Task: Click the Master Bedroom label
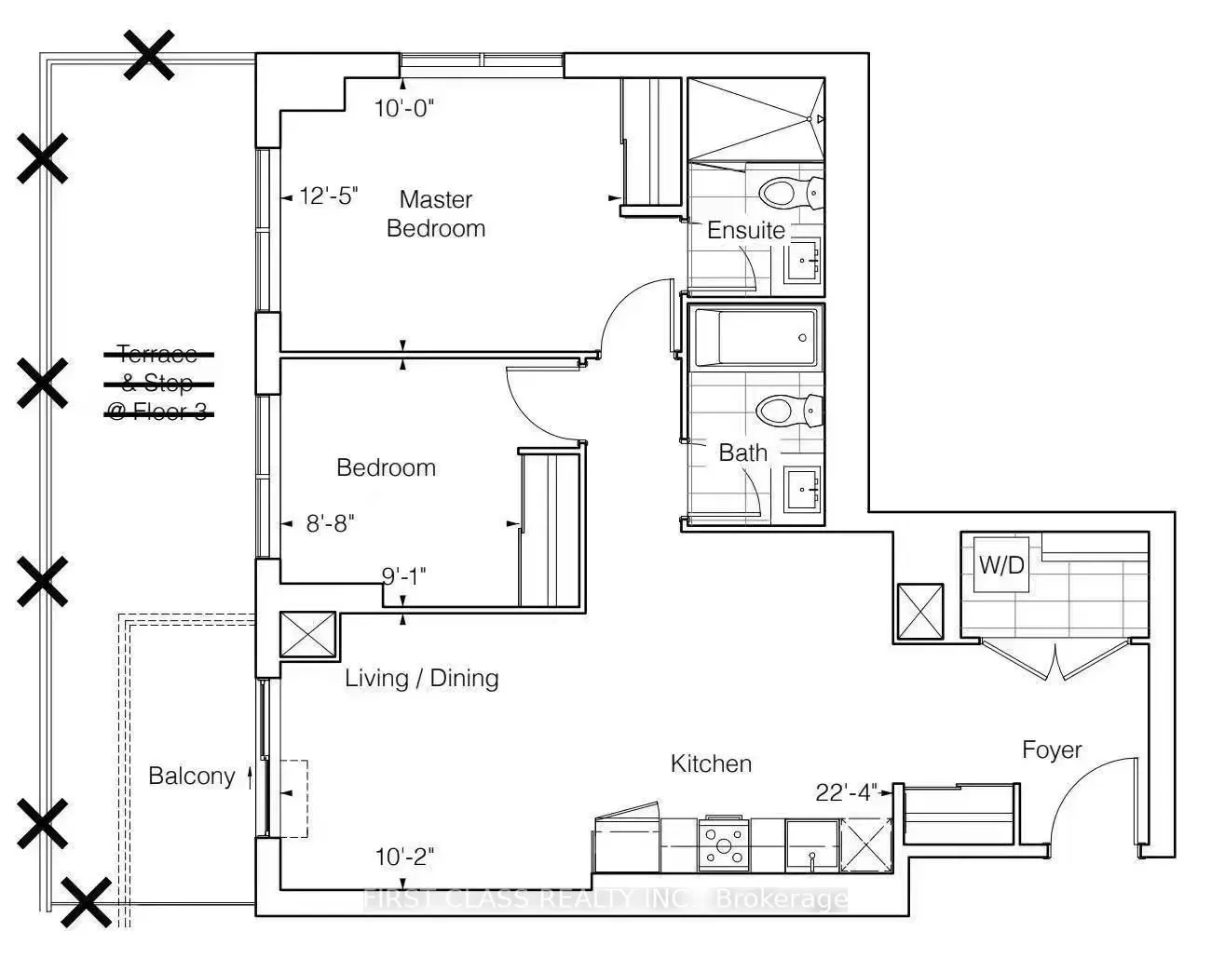(436, 214)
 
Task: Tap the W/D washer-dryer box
(1001, 565)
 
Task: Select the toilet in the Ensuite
(790, 193)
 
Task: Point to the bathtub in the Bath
(755, 337)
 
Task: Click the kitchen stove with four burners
(724, 844)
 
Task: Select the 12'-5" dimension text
(328, 196)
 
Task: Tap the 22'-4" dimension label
(846, 792)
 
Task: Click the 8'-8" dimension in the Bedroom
(331, 523)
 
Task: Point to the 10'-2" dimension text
(404, 858)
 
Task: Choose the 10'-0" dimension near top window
(404, 108)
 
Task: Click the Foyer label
(1052, 750)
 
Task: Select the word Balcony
(192, 777)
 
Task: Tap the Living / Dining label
(422, 679)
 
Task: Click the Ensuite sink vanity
(803, 261)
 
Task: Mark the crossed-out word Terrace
(158, 355)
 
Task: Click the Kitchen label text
(712, 763)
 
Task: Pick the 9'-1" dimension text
(404, 576)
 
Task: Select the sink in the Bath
(803, 489)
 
